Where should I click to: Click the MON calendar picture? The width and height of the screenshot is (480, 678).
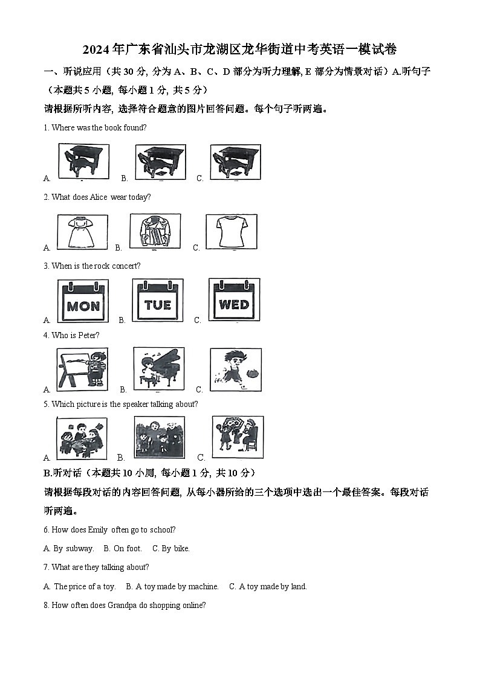tap(83, 301)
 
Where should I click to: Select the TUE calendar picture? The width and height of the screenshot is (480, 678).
tap(158, 300)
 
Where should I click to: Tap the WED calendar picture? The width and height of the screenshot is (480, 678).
tap(234, 299)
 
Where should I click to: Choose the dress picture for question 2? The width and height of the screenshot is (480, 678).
tap(82, 232)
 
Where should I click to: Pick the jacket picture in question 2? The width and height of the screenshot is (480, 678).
tap(155, 231)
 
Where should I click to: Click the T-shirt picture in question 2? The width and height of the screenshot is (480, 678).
tap(231, 231)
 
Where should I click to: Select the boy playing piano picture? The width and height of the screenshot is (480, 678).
tap(158, 368)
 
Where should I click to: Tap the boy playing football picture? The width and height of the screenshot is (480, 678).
tap(235, 369)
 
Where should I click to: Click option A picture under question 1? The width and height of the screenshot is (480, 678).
tap(83, 162)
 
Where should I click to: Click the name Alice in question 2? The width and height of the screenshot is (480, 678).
tap(98, 197)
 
